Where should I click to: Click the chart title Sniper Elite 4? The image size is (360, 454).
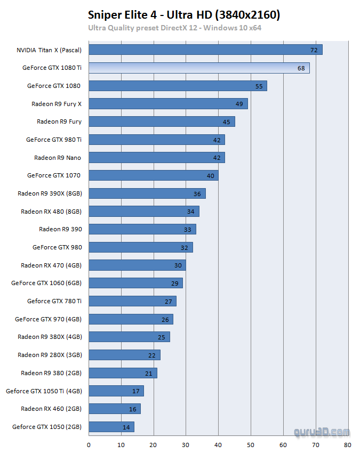point(184,15)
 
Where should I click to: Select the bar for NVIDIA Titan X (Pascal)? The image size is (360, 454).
point(205,50)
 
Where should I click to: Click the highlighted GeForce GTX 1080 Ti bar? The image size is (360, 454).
point(198,68)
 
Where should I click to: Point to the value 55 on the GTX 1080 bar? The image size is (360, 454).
point(259,86)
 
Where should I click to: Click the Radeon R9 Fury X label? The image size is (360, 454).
point(57,104)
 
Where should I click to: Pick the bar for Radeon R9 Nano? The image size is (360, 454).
point(156,157)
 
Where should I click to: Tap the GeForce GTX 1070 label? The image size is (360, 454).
point(54,175)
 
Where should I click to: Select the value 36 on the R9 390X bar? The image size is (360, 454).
point(197,193)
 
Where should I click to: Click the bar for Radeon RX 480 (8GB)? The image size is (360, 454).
point(143,212)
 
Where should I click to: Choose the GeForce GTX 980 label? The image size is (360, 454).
point(57,247)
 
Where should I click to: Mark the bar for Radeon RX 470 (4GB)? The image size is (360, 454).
point(137,265)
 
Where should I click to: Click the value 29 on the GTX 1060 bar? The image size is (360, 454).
point(174,283)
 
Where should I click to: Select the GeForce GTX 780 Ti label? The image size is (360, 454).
point(54,301)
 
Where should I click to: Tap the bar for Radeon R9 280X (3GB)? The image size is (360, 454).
point(124,354)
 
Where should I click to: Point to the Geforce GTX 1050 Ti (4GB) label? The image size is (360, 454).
point(44,391)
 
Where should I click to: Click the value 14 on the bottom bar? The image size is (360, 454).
point(126,427)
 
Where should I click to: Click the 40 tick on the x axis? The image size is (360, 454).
point(218,443)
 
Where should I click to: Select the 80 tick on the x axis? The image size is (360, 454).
point(348,443)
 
